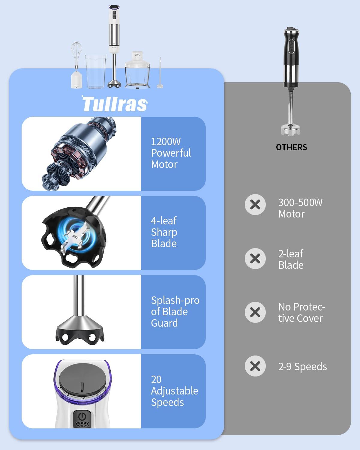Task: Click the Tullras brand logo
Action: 115,103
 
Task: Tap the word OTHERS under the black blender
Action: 291,147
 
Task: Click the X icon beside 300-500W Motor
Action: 255,205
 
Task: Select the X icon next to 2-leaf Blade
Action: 255,259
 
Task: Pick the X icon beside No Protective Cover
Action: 255,312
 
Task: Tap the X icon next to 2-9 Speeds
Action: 255,366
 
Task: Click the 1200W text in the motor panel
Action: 166,142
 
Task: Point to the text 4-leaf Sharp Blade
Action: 164,232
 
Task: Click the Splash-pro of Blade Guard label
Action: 175,312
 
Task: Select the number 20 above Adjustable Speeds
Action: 156,379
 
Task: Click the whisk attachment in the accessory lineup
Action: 76,65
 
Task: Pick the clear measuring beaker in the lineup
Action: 96,71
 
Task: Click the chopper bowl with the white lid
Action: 137,70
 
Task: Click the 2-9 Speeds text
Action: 302,367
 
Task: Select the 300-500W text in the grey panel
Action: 300,202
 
